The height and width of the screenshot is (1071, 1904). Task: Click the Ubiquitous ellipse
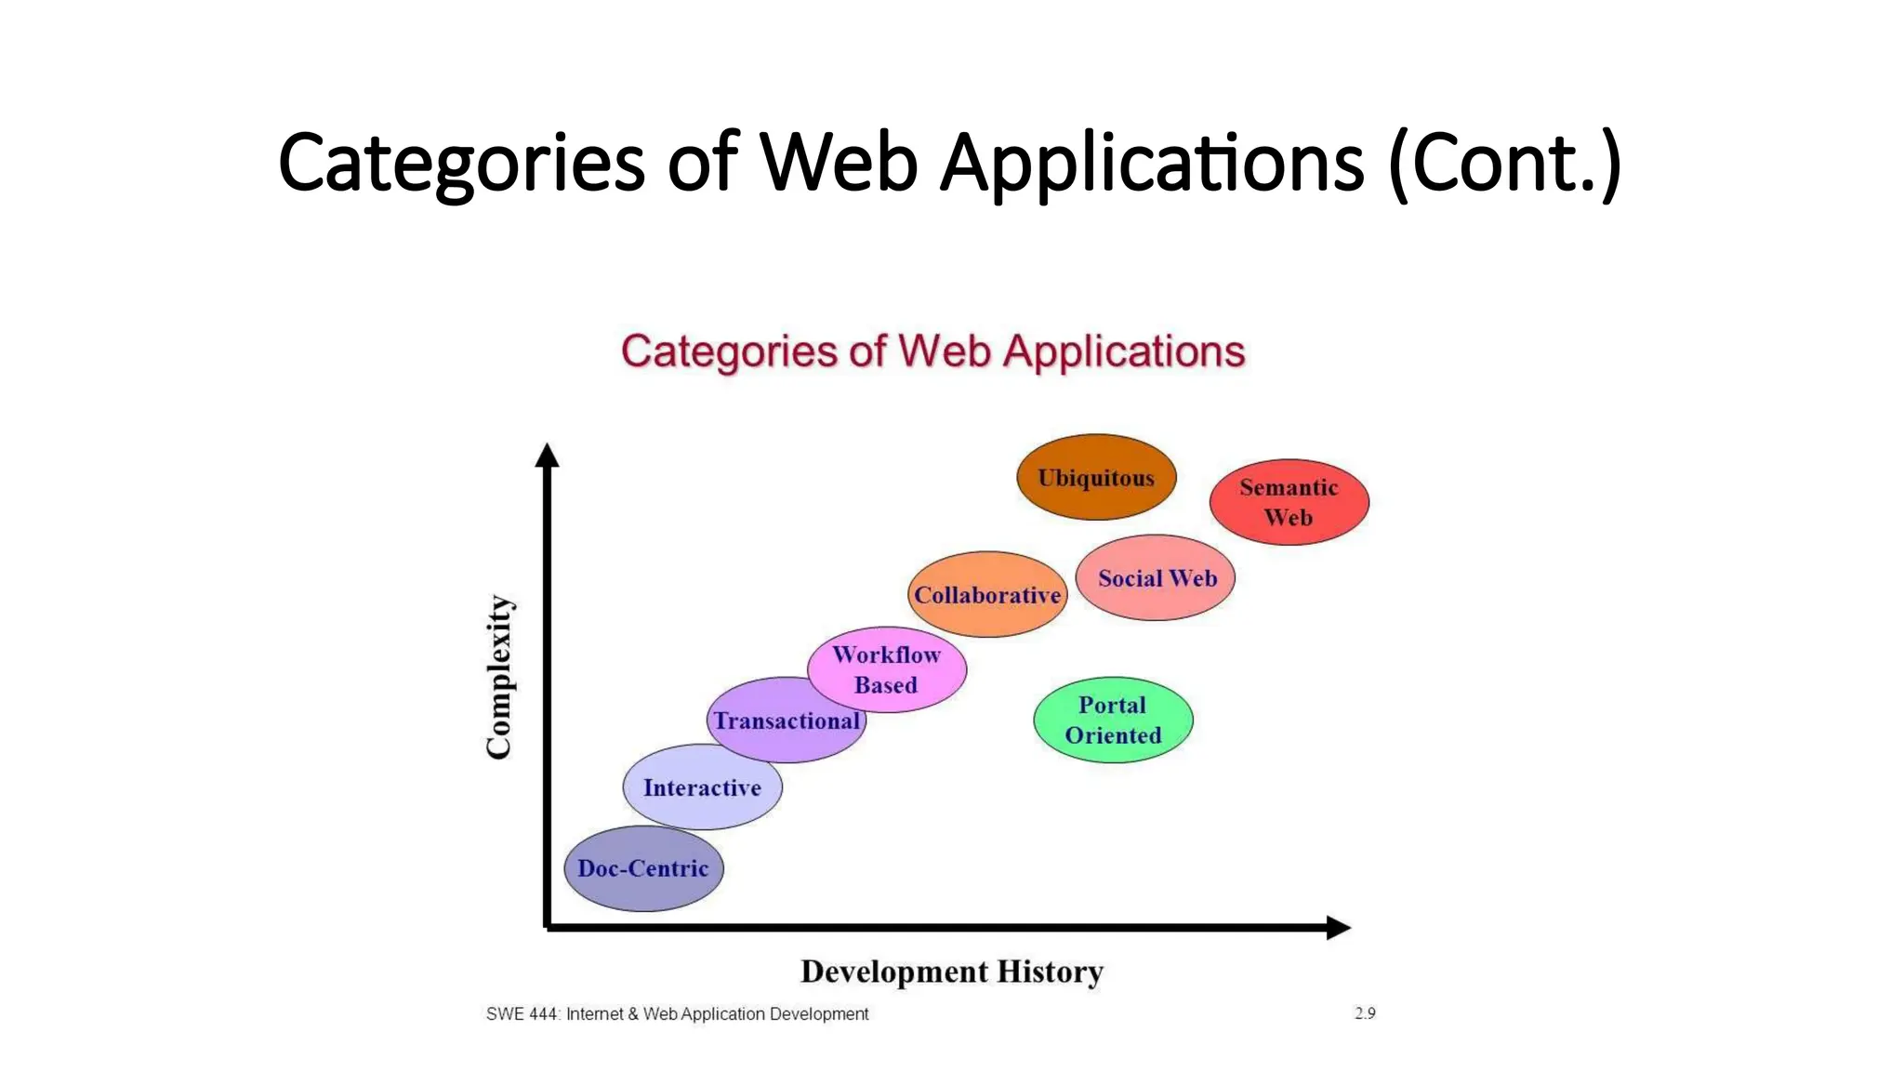coord(1096,477)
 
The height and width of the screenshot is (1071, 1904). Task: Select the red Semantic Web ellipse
coord(1289,502)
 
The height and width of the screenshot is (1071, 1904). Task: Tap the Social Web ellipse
coord(1156,577)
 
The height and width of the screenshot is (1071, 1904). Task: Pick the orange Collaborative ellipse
coord(987,595)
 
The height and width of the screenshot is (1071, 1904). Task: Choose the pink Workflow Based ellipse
coord(887,669)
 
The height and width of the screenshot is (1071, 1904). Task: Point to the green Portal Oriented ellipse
coord(1113,720)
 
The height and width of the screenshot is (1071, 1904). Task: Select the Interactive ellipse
coord(702,787)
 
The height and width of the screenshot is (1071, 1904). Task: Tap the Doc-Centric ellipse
coord(643,868)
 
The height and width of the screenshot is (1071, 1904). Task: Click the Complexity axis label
coord(499,677)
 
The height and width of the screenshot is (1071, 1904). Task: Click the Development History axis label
coord(951,972)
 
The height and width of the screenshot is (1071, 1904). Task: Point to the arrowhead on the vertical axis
coord(548,456)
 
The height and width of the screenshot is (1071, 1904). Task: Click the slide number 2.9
coord(1364,1013)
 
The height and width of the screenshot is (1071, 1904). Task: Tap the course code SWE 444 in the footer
coord(522,1014)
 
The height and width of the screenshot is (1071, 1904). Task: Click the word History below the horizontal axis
coord(1050,972)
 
